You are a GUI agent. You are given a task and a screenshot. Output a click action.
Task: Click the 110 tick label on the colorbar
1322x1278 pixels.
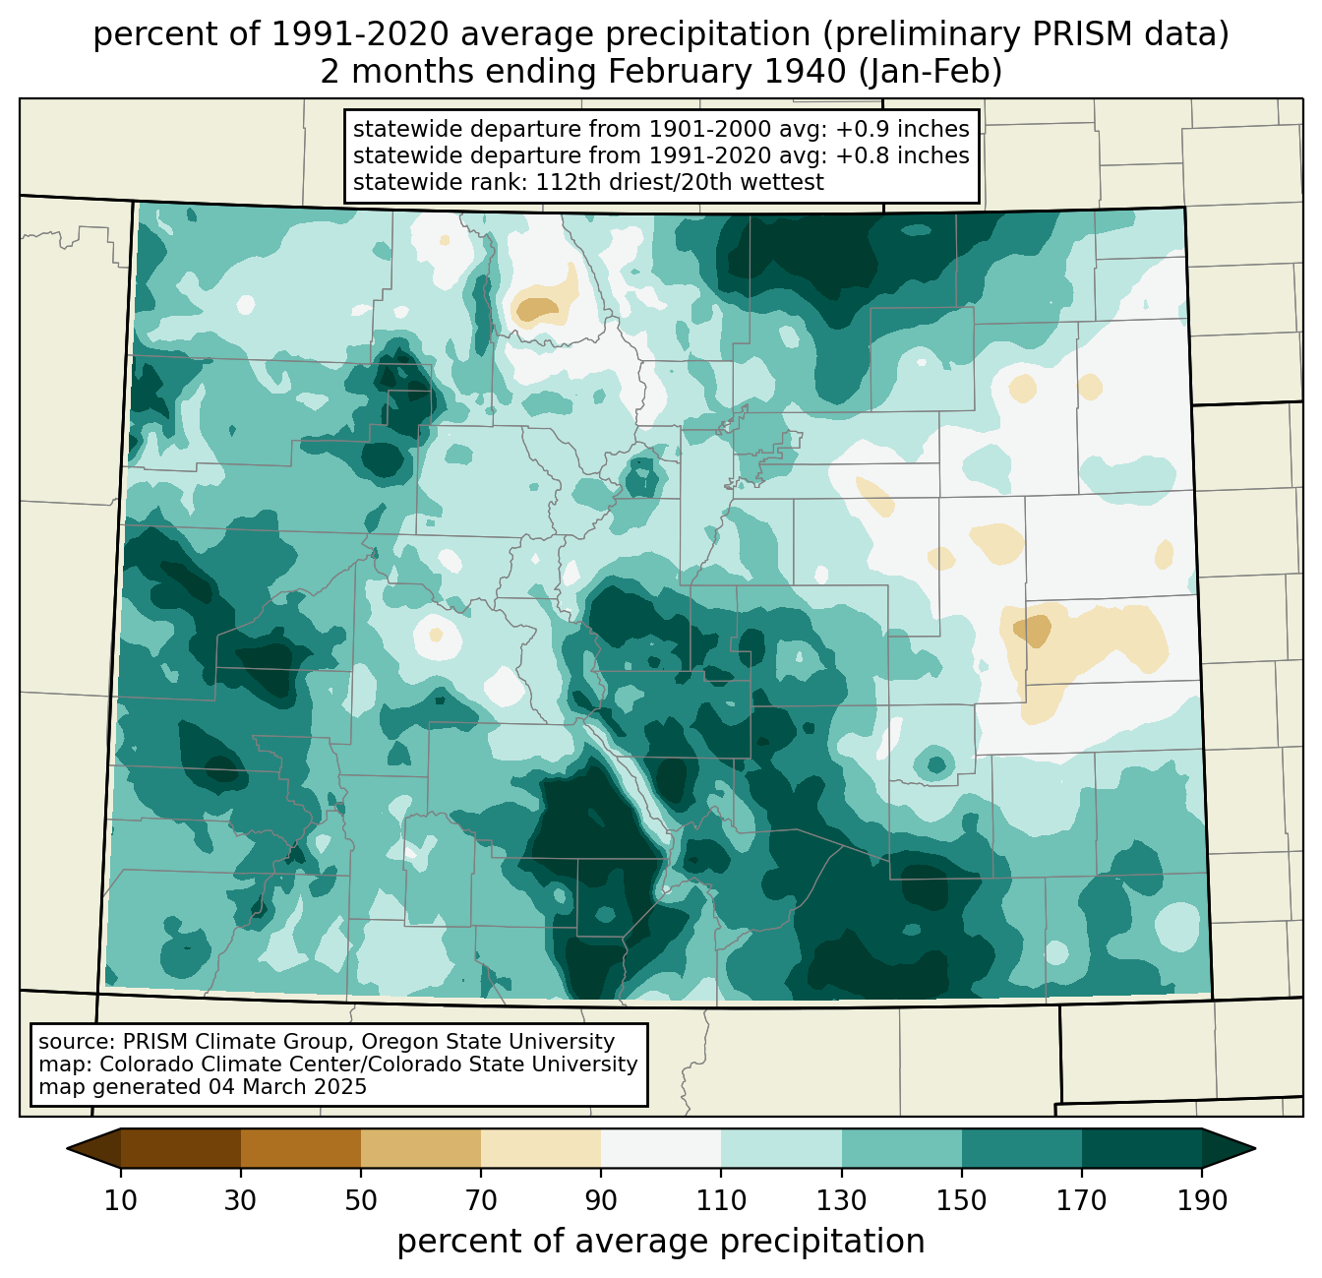coord(721,1201)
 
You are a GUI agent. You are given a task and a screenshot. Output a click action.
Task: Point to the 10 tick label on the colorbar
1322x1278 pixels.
coord(121,1201)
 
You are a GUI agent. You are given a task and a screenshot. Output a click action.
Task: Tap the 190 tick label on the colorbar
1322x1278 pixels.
coord(1201,1201)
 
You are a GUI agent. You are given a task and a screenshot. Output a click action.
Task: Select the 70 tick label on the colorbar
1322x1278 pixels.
coord(481,1201)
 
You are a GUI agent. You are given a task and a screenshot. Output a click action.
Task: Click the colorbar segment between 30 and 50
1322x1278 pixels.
coord(301,1148)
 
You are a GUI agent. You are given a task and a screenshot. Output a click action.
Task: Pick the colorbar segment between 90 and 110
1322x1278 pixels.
coord(661,1148)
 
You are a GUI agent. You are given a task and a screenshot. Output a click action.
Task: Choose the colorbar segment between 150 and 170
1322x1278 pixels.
coord(1021,1148)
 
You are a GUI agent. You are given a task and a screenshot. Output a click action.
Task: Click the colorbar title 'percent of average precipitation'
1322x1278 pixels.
coord(661,1242)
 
